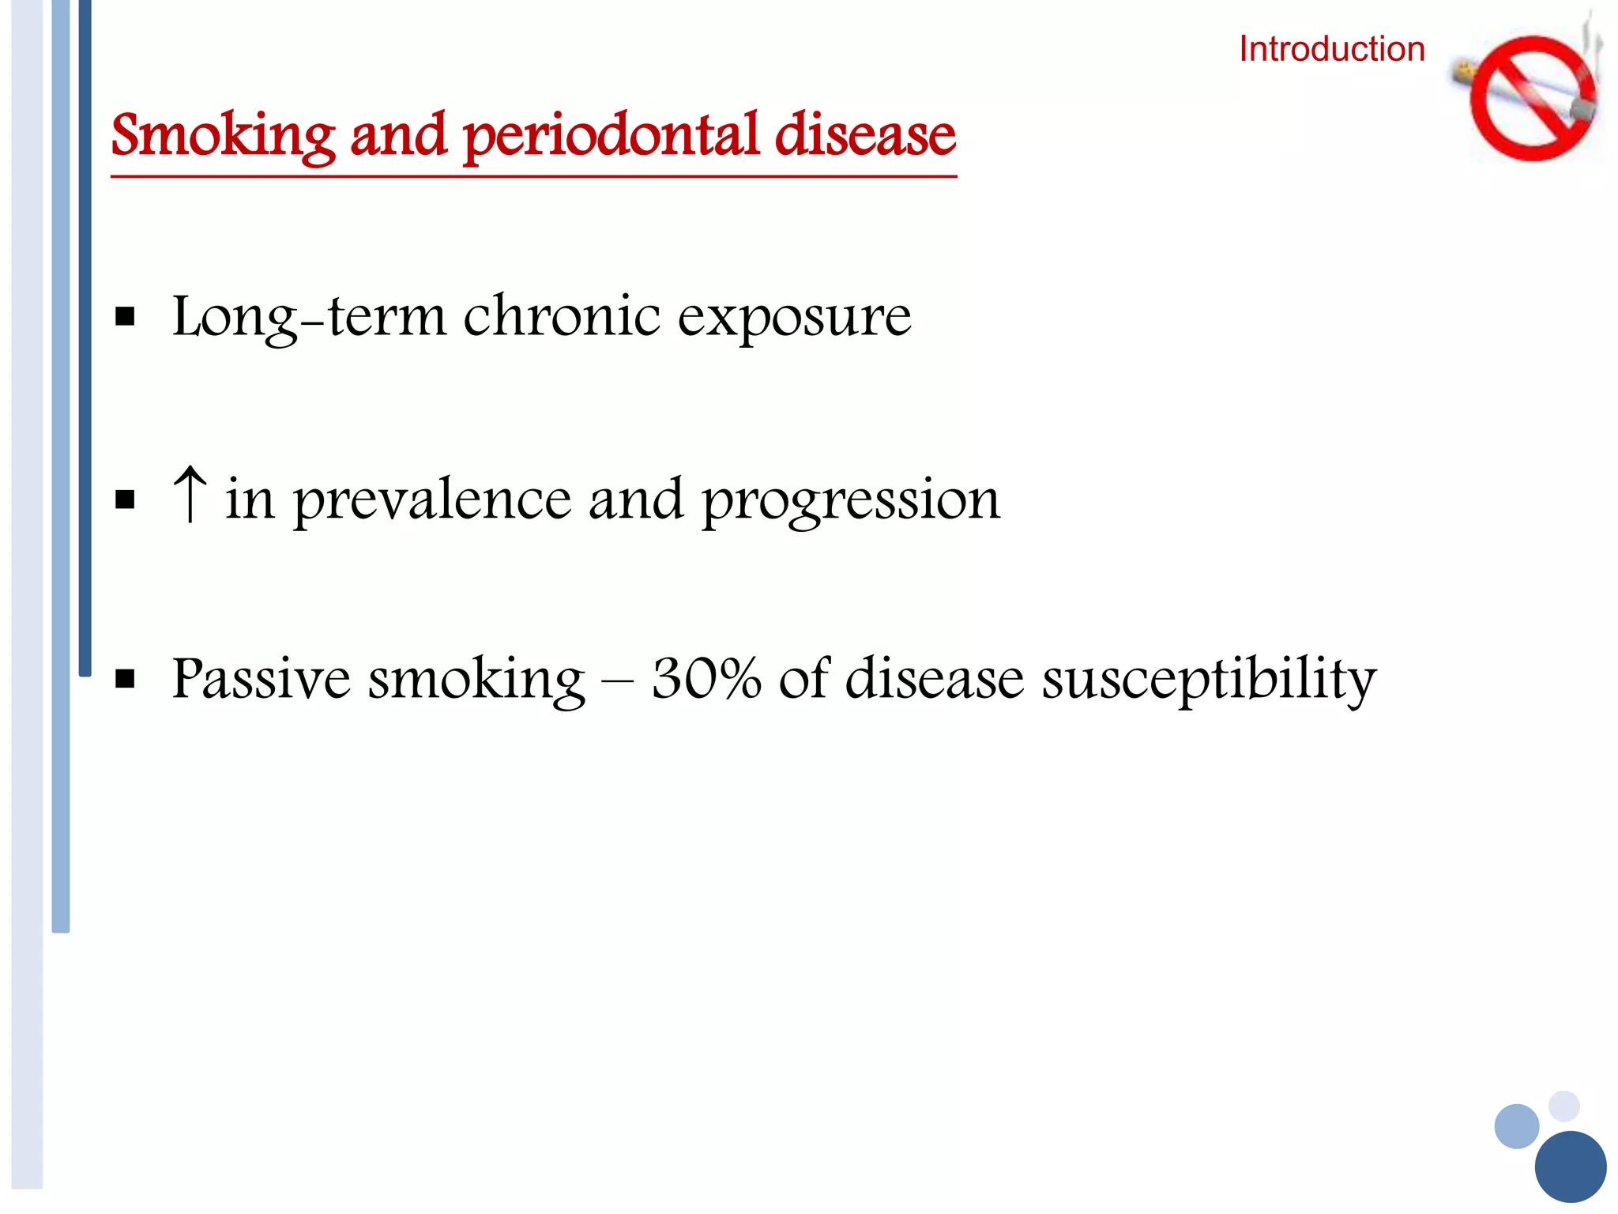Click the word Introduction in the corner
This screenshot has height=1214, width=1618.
[x=1331, y=49]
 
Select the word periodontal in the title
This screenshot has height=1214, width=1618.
[x=612, y=136]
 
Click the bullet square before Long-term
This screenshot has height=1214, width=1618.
[x=125, y=318]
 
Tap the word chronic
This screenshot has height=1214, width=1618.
[x=561, y=316]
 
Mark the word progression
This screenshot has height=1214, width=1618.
[x=851, y=501]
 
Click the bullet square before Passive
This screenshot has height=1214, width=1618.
[x=125, y=679]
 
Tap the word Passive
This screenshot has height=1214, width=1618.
[x=261, y=678]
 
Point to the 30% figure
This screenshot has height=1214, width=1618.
[x=706, y=678]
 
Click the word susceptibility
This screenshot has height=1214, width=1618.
[x=1209, y=680]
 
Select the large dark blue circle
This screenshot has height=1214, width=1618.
[x=1570, y=1167]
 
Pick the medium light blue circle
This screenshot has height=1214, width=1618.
[x=1517, y=1126]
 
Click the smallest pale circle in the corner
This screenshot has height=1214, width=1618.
[x=1563, y=1106]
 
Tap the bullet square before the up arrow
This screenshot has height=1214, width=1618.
[x=125, y=500]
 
